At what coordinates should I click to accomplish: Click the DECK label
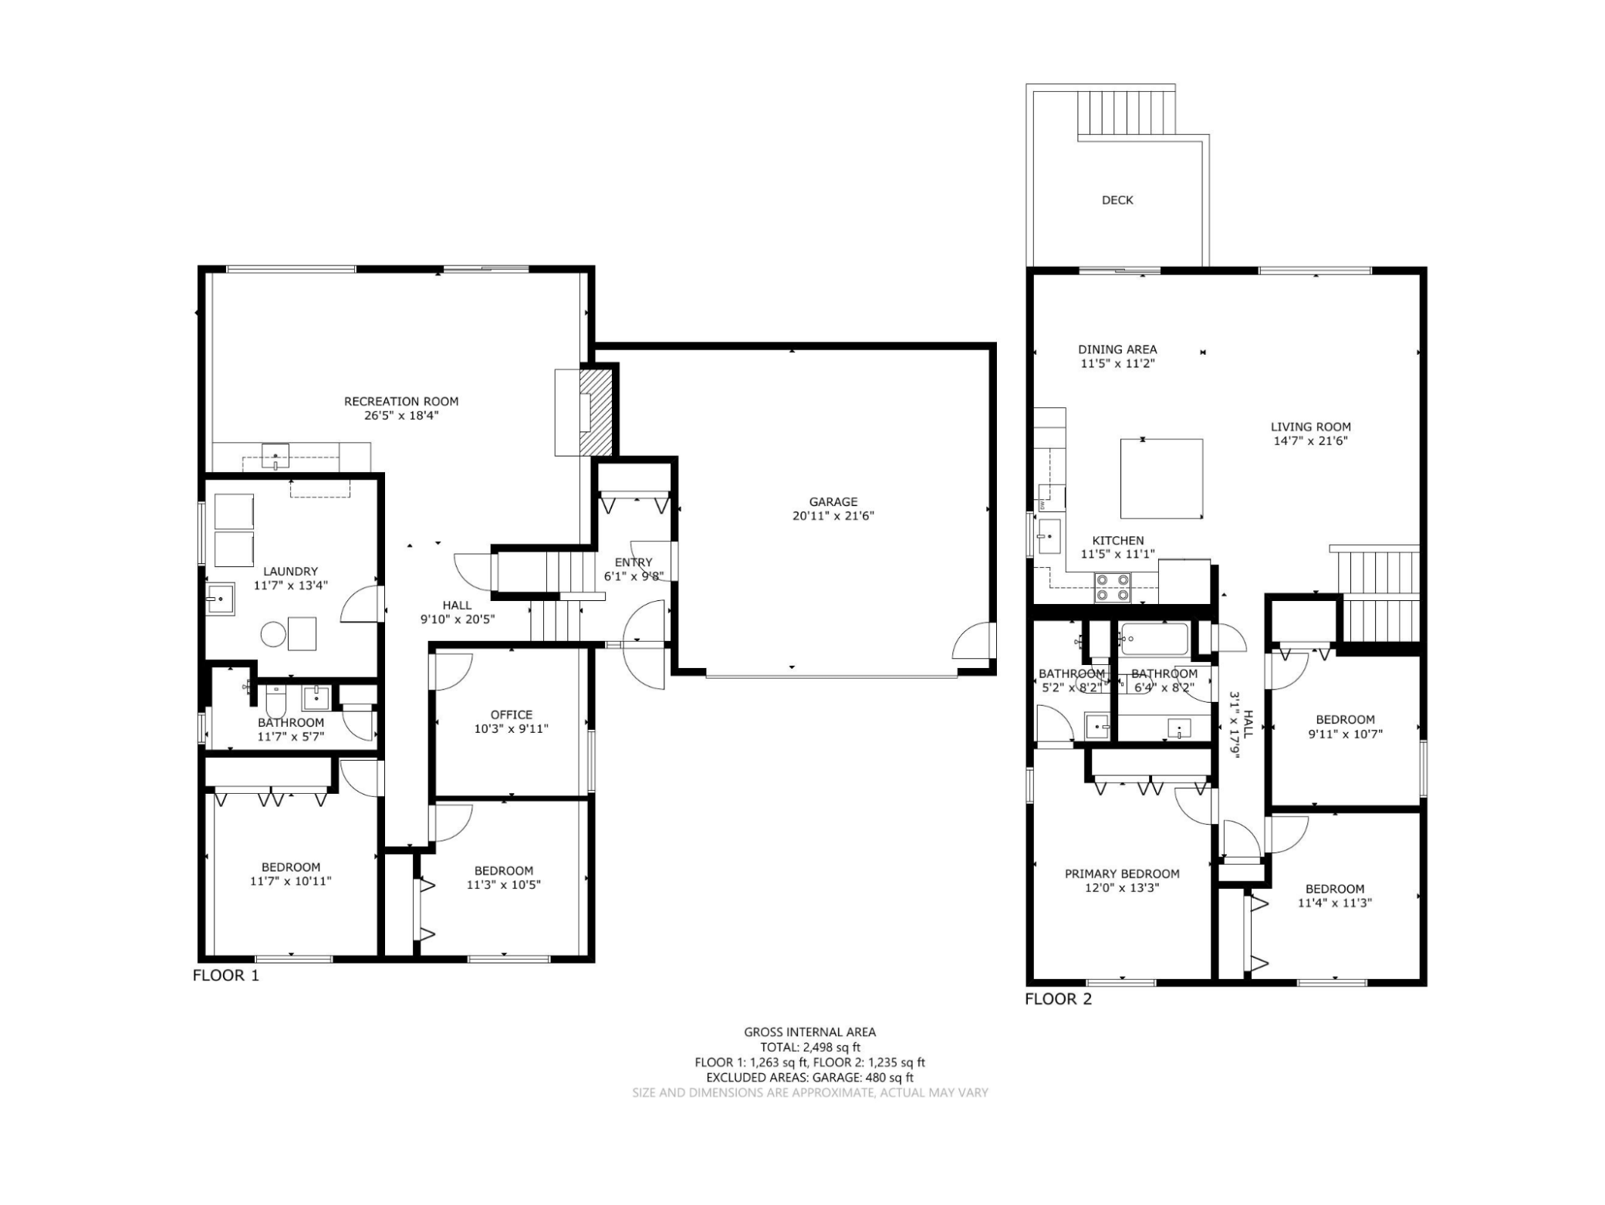coord(1117,201)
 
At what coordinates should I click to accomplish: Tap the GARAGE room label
coord(833,502)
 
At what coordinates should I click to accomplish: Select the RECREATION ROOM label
coord(401,401)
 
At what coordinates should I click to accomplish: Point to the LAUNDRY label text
coord(290,572)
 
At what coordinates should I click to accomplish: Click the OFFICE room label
coord(512,714)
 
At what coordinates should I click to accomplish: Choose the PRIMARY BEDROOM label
coord(1122,874)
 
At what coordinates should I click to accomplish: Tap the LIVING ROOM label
coord(1311,427)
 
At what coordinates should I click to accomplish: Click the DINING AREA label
coord(1117,349)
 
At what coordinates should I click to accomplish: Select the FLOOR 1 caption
coord(226,975)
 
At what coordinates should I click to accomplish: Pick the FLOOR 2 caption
coord(1059,1000)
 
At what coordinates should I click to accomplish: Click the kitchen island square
coord(1161,478)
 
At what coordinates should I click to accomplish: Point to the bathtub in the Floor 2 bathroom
coord(1154,639)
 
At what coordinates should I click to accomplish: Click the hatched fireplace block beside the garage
coord(596,413)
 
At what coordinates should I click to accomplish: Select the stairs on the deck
coord(1127,113)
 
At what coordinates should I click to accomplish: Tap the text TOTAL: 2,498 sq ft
coord(810,1048)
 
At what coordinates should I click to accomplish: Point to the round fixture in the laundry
coord(273,634)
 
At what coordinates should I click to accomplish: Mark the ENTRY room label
coord(634,562)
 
